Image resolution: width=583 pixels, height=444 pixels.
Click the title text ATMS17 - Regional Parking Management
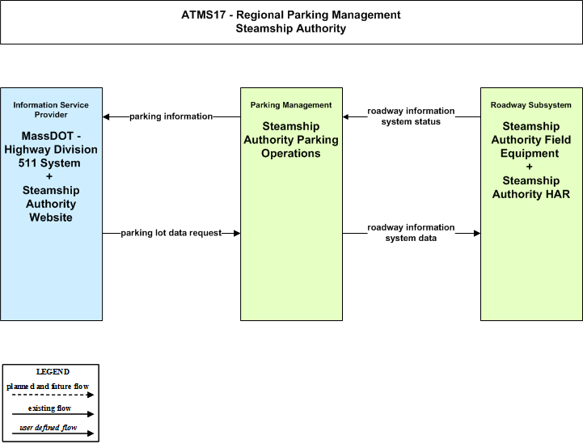(x=291, y=15)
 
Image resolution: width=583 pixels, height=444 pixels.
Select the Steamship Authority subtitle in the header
(x=291, y=28)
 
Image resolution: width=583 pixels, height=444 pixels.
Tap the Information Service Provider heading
(x=51, y=110)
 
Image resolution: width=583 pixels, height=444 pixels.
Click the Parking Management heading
(x=291, y=105)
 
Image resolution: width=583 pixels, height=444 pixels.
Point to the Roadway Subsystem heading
(x=531, y=105)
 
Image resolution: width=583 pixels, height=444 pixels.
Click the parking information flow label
(x=171, y=116)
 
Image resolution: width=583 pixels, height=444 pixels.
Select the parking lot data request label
(x=171, y=233)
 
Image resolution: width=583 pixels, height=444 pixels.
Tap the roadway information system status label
(x=411, y=116)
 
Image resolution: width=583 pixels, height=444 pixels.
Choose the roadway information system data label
(x=411, y=233)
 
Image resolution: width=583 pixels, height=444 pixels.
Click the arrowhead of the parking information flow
(x=106, y=116)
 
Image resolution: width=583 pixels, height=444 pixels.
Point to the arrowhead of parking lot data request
(x=237, y=233)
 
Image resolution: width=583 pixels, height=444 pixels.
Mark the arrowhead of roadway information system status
(x=346, y=116)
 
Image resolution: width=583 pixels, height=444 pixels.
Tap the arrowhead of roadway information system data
(x=477, y=233)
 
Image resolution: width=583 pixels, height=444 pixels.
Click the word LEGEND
(x=53, y=372)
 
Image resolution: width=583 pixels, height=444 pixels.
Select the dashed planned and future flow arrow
(x=53, y=395)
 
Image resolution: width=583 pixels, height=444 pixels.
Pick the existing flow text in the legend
(x=50, y=408)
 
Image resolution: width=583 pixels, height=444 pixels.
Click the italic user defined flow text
(x=49, y=428)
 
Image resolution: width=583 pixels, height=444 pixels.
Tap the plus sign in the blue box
(x=49, y=176)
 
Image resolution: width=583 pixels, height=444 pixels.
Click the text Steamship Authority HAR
(x=531, y=188)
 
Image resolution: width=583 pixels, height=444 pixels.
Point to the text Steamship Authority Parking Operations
(x=291, y=140)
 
